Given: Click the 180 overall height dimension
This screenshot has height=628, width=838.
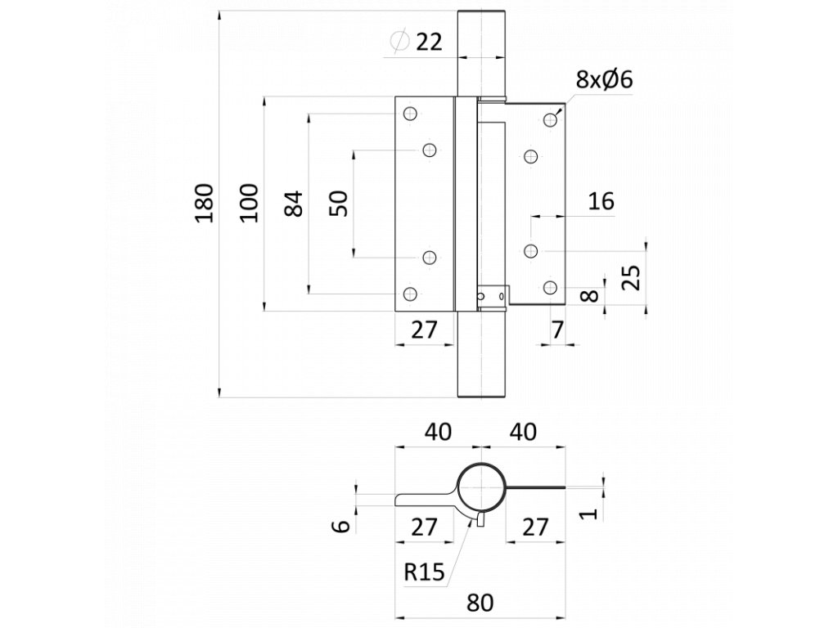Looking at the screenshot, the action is click(x=204, y=203).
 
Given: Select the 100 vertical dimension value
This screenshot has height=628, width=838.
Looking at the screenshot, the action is click(x=249, y=203).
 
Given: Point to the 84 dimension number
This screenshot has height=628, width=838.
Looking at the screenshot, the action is click(x=294, y=204).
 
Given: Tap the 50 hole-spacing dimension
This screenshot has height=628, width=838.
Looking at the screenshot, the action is click(x=338, y=204).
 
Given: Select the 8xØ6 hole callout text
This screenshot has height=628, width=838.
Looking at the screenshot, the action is click(x=605, y=79).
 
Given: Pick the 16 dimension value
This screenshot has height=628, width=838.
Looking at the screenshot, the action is click(x=601, y=201).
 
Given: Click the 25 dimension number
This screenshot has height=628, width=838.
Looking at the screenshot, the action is click(x=633, y=276).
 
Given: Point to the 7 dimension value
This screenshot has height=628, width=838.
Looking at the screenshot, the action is click(x=557, y=330).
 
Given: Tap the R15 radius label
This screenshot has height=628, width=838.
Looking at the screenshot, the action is click(x=424, y=572).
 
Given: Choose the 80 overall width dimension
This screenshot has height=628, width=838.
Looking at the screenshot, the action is click(x=480, y=603).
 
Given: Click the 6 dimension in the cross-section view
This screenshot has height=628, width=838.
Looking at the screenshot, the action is click(x=341, y=526).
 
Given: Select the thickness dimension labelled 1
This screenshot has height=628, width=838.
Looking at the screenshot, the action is click(x=588, y=514).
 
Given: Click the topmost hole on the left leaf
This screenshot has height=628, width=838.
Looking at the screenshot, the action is click(x=410, y=114).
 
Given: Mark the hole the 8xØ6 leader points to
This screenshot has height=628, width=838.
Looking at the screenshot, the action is click(x=551, y=119).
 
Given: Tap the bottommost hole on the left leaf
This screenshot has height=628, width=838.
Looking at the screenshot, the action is click(x=410, y=294).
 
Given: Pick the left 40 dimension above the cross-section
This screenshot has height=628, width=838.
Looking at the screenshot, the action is click(x=438, y=432).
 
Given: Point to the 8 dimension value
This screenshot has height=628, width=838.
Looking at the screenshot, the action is click(x=589, y=294).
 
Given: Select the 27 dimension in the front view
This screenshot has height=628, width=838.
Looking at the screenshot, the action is click(x=425, y=330).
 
